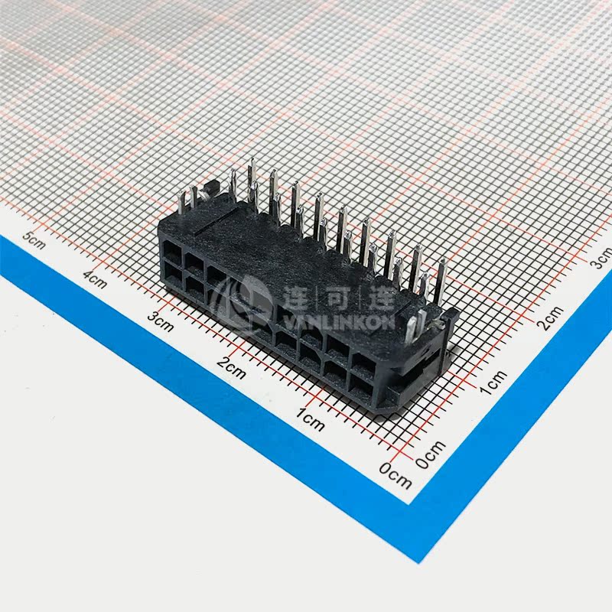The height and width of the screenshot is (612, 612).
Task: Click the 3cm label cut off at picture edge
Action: coord(603,260)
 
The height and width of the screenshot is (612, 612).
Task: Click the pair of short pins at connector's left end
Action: coord(187,199)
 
